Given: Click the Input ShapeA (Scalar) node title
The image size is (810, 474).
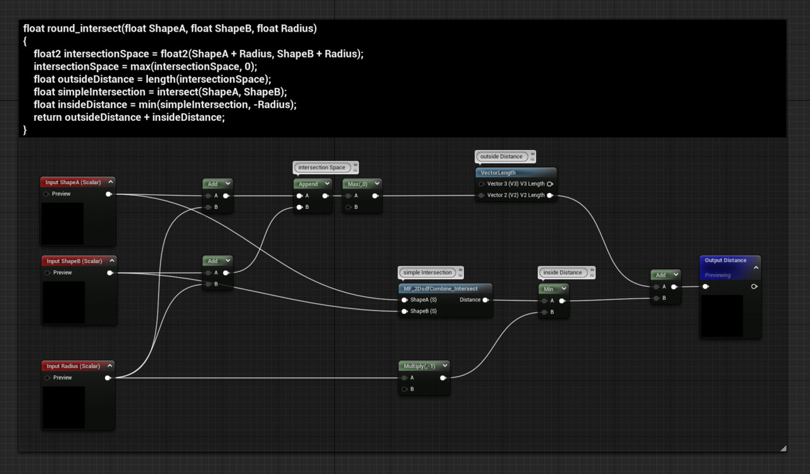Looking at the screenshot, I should [73, 182].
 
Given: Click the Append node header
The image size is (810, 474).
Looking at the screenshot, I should [308, 184].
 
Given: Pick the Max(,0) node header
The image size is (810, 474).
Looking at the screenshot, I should [358, 184].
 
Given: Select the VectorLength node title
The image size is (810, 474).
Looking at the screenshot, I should [498, 173].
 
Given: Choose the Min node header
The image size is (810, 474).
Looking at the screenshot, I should [548, 289].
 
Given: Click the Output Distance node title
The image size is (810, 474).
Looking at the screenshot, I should [725, 260].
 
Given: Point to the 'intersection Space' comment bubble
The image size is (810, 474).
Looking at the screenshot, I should [321, 168].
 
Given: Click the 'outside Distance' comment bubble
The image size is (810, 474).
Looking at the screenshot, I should [501, 156].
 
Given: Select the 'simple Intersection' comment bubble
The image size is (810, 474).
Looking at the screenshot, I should [427, 273].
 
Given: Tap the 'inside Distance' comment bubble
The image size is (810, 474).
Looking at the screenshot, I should [562, 273].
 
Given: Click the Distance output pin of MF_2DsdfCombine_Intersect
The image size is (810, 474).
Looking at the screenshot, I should [485, 300].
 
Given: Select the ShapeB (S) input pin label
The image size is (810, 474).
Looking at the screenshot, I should [423, 311].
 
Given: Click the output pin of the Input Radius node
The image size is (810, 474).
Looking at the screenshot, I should [108, 378].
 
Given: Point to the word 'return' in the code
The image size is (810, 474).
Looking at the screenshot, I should [47, 117].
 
